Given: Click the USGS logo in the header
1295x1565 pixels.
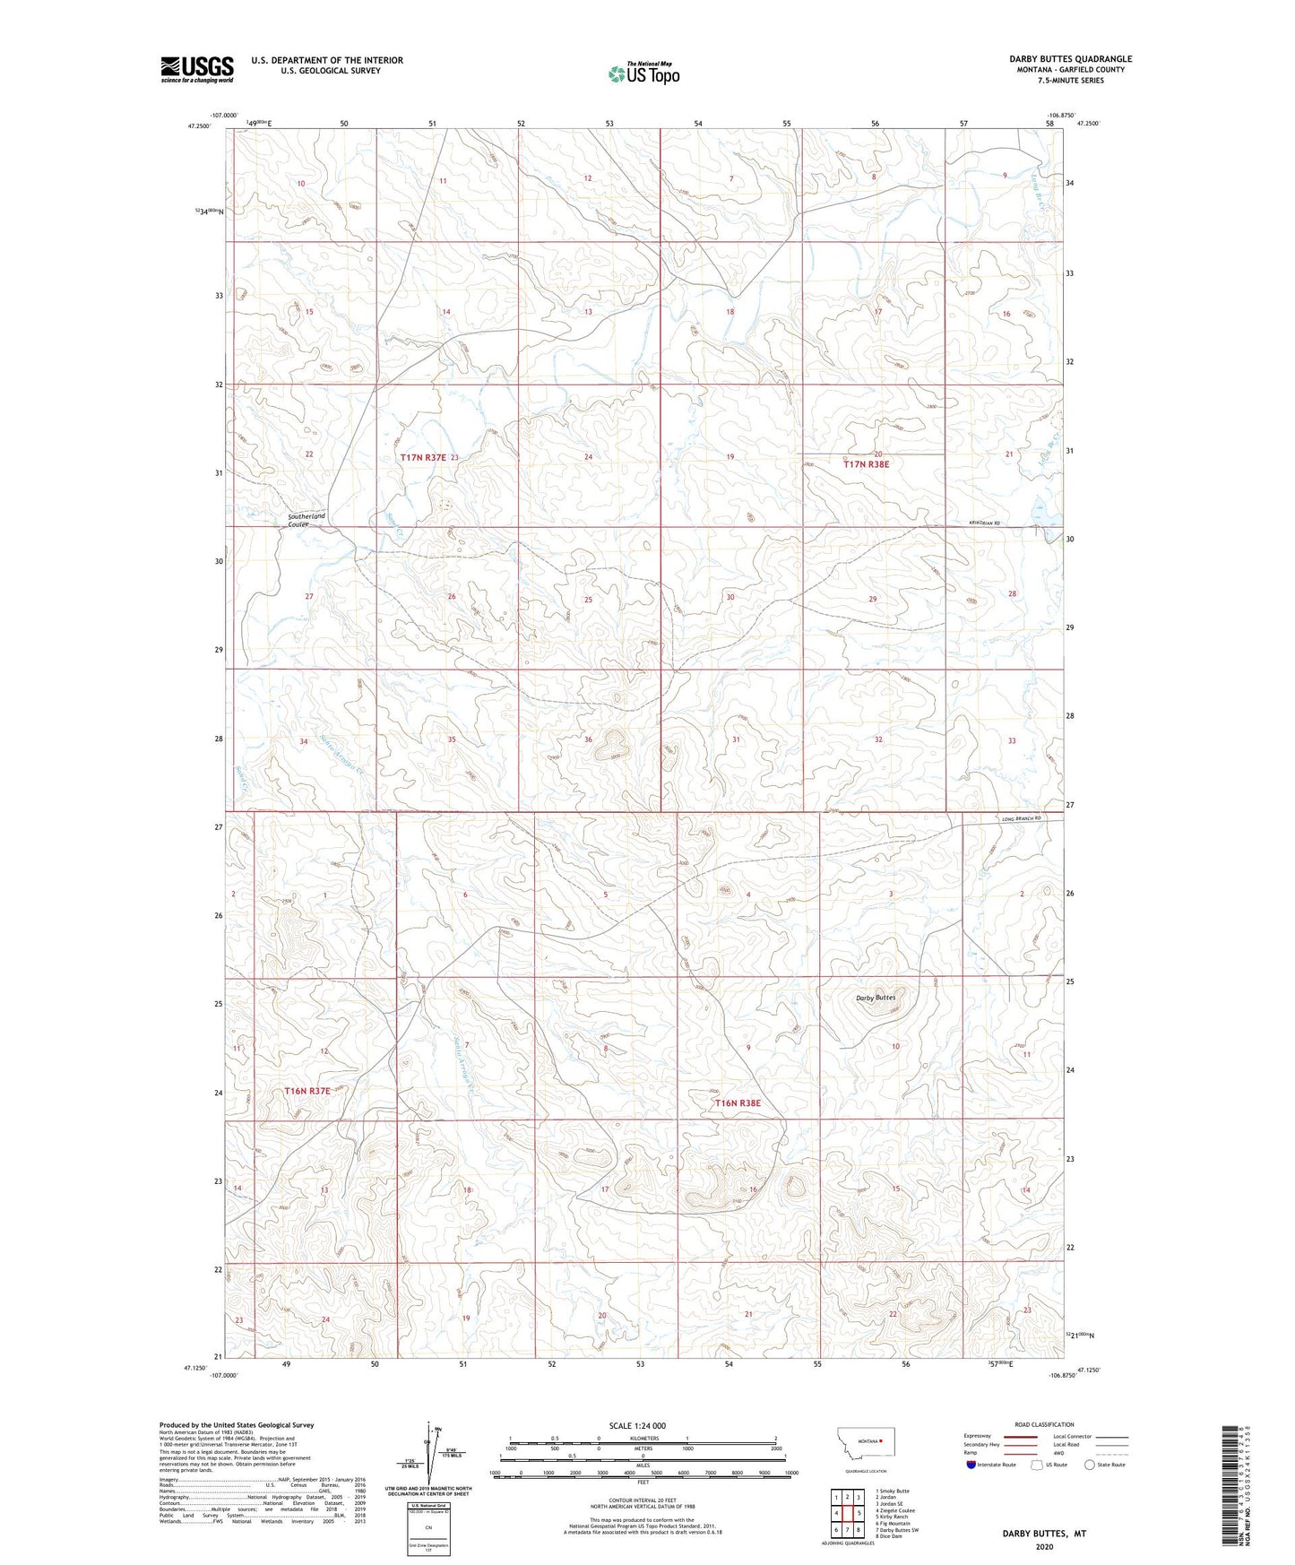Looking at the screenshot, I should tap(196, 69).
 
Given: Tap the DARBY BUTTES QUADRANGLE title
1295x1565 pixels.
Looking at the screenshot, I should tap(1058, 59).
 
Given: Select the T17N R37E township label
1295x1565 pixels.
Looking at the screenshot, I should tap(423, 457).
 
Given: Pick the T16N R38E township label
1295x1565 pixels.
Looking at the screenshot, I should tap(737, 1102).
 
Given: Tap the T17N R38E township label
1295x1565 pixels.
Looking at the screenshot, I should tap(866, 464).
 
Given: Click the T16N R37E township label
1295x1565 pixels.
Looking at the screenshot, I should tap(307, 1091).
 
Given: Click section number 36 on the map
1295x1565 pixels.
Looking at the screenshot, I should tap(588, 739).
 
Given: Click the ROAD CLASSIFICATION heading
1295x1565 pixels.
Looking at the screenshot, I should tap(1044, 1424).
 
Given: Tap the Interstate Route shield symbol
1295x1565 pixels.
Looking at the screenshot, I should tap(971, 1465).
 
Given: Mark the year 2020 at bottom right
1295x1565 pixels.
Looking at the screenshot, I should tap(1044, 1547).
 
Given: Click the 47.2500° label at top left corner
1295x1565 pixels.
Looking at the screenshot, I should tap(199, 126).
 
